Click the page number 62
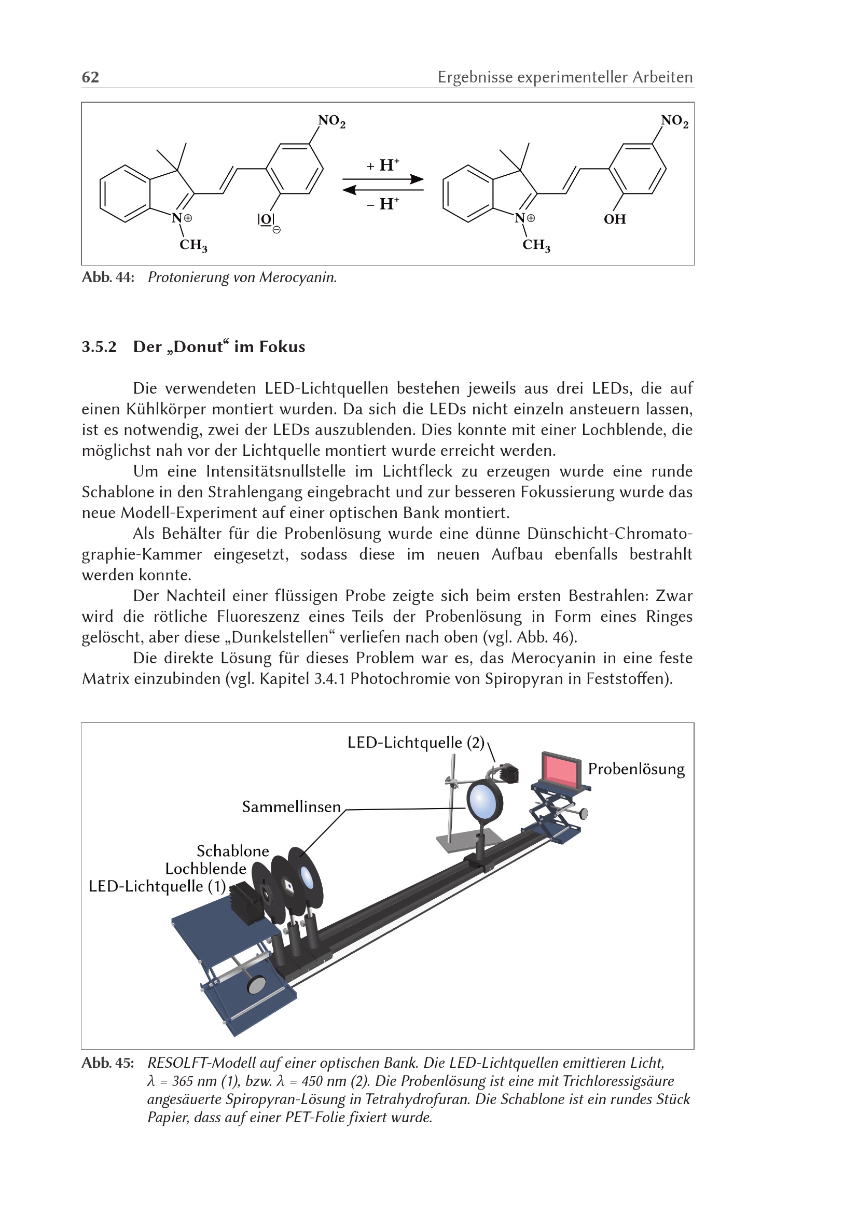90,77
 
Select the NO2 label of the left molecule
332,121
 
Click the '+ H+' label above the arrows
383,165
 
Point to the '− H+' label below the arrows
383,203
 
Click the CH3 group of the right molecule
536,245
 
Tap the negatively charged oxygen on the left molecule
266,219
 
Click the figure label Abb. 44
108,277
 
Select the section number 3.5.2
99,347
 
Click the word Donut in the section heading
198,347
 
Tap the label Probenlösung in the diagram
636,769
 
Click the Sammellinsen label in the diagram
292,807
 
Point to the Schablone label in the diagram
233,851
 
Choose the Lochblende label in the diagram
205,869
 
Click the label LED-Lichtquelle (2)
416,743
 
